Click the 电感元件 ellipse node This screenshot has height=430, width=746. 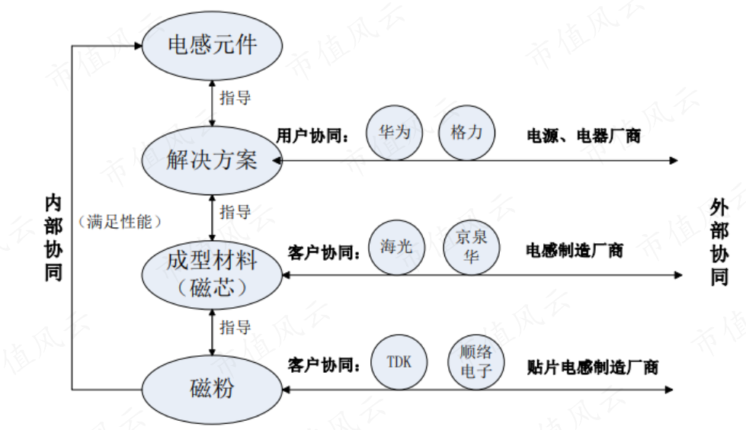212,43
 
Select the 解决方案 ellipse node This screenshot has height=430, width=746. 212,160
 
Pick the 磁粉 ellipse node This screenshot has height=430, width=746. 212,389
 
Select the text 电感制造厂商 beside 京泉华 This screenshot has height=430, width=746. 575,250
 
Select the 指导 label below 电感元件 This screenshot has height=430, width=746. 235,98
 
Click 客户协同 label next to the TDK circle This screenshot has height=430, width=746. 324,364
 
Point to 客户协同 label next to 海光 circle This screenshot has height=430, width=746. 324,251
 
